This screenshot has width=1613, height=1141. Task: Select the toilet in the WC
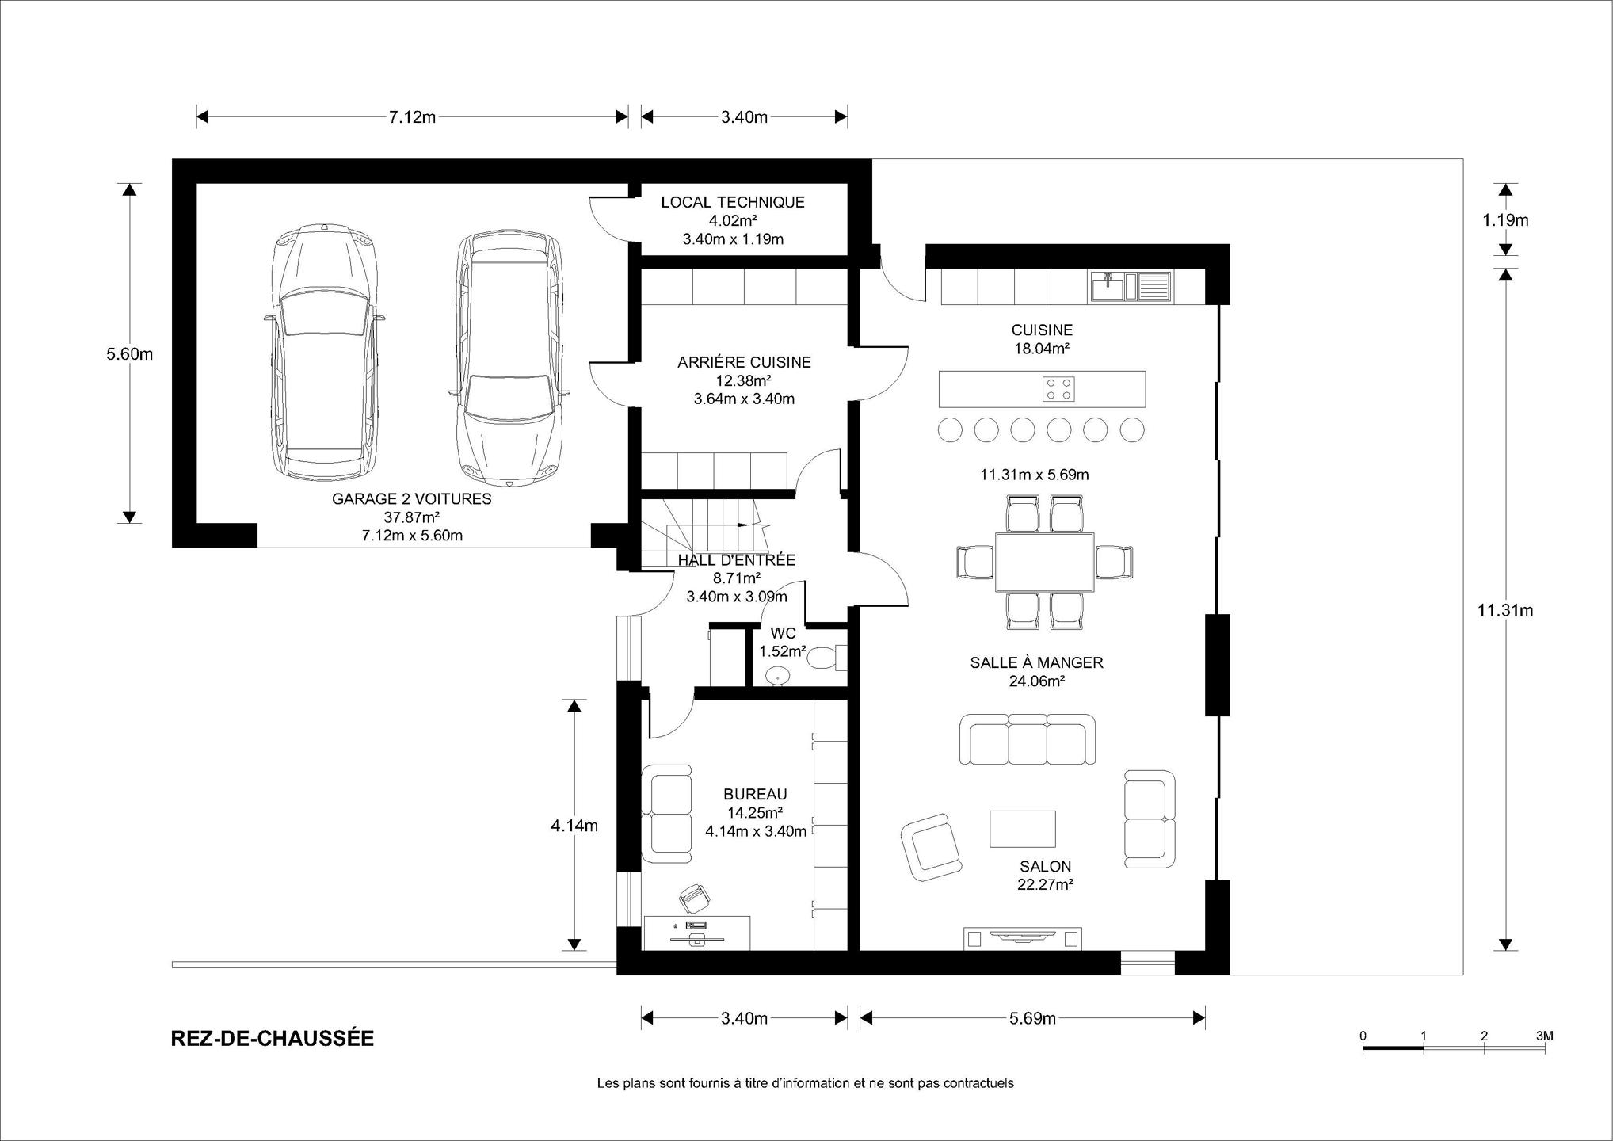(x=826, y=658)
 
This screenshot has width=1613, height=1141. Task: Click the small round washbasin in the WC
(x=778, y=675)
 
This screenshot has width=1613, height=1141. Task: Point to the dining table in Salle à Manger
(x=1044, y=563)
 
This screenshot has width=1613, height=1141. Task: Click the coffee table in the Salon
(x=1022, y=828)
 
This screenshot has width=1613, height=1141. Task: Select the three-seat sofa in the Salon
(x=1028, y=739)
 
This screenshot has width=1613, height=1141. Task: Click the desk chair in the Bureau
(x=695, y=897)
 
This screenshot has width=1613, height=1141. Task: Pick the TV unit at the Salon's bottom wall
(x=1022, y=938)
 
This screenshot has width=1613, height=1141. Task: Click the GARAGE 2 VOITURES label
(x=411, y=499)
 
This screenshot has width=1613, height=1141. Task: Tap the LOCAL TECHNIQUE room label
(x=733, y=202)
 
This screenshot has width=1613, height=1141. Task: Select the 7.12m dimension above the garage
(x=412, y=117)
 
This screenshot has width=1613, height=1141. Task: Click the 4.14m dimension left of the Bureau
(x=574, y=825)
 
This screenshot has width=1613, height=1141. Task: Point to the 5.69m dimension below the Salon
(x=1032, y=1018)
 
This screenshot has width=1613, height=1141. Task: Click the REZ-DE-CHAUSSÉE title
(x=273, y=1039)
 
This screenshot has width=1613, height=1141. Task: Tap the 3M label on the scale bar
(x=1544, y=1036)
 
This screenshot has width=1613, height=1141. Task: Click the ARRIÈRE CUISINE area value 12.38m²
(x=744, y=380)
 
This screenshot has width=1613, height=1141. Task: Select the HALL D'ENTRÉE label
(x=737, y=560)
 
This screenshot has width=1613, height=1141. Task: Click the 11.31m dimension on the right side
(x=1506, y=609)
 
